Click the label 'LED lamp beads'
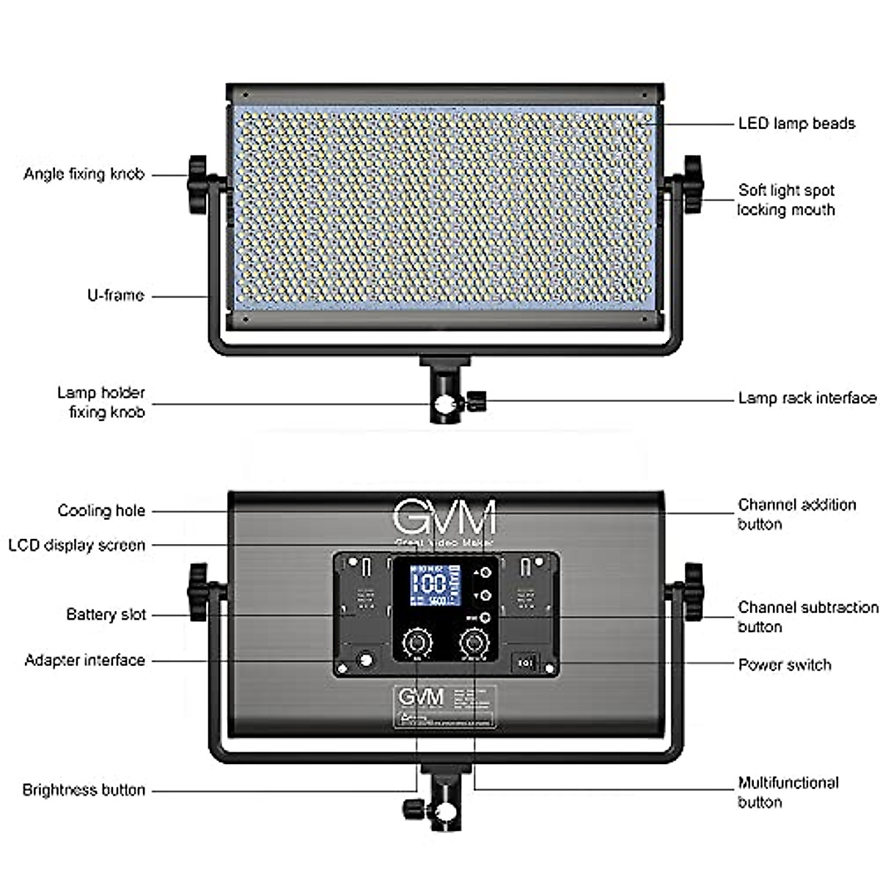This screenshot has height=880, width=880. click(796, 123)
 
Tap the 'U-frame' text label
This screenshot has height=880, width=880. click(115, 296)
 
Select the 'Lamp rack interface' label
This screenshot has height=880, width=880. click(807, 398)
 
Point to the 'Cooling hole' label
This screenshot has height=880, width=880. click(101, 510)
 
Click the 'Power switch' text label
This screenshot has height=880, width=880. click(784, 664)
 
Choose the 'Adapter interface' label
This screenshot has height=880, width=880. click(84, 660)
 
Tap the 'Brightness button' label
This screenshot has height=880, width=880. click(84, 790)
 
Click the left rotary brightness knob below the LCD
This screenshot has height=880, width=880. click(417, 643)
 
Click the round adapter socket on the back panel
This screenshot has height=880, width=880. click(364, 661)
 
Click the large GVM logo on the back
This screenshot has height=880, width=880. click(444, 518)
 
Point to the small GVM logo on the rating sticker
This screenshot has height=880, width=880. click(420, 697)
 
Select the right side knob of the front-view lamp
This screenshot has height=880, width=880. click(691, 183)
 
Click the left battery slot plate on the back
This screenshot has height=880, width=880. click(364, 594)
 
